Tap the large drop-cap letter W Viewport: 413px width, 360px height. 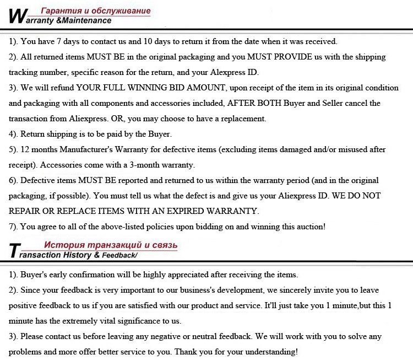click(17, 15)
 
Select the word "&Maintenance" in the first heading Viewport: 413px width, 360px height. click(84, 21)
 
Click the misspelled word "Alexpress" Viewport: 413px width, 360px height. click(228, 72)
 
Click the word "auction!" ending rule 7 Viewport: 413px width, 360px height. click(309, 227)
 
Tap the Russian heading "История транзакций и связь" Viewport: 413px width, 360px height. click(110, 244)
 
